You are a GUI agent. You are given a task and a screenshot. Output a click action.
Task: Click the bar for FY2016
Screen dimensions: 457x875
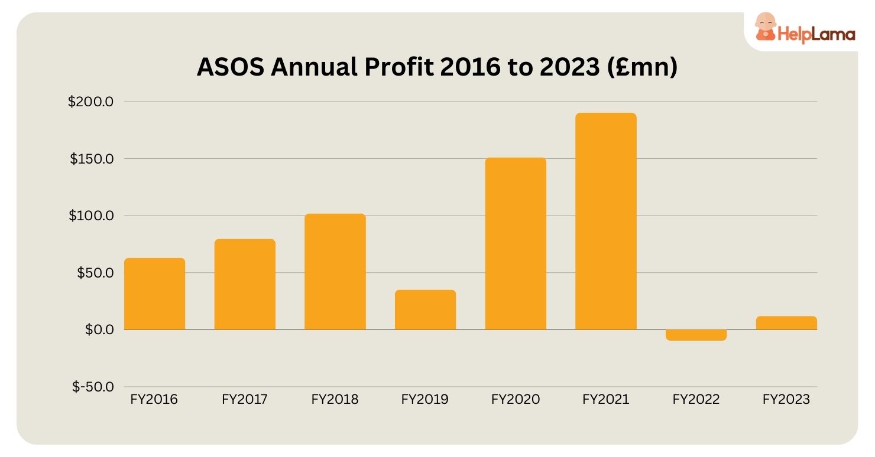pyautogui.click(x=154, y=293)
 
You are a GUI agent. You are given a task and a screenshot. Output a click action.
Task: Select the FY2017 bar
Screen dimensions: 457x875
pyautogui.click(x=245, y=284)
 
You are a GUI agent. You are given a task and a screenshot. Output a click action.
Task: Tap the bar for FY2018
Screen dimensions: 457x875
pyautogui.click(x=335, y=272)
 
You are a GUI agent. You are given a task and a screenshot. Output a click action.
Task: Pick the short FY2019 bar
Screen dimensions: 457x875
pyautogui.click(x=425, y=309)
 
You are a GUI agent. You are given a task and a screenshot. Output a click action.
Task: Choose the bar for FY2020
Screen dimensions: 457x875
pyautogui.click(x=516, y=243)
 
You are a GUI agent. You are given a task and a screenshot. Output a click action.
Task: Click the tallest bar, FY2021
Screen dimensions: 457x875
pyautogui.click(x=606, y=221)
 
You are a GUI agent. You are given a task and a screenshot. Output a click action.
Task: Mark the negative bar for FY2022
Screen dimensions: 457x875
pyautogui.click(x=696, y=335)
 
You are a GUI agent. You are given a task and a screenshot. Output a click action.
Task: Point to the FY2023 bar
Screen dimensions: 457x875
pyautogui.click(x=786, y=323)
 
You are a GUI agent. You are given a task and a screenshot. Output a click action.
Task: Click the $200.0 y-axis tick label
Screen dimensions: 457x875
pyautogui.click(x=90, y=102)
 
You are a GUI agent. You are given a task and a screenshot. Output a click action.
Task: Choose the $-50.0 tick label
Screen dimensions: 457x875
pyautogui.click(x=93, y=387)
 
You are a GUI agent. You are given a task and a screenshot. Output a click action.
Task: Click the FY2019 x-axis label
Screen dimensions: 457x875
pyautogui.click(x=424, y=400)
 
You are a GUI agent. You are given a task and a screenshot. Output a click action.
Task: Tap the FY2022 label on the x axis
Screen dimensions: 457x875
pyautogui.click(x=696, y=400)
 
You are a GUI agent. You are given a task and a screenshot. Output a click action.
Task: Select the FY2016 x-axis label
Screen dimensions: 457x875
pyautogui.click(x=154, y=400)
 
